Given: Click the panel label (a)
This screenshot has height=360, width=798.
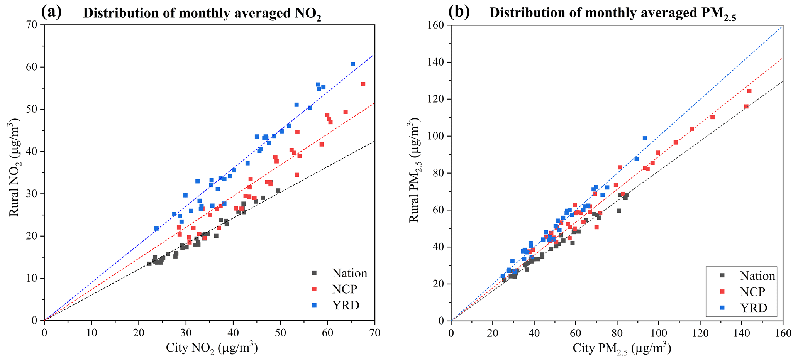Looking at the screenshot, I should [51, 12].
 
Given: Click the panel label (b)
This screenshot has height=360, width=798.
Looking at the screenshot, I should [459, 12].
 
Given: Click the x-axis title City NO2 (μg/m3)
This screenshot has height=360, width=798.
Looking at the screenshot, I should [212, 348].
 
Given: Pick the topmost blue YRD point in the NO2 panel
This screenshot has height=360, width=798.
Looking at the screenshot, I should [352, 64].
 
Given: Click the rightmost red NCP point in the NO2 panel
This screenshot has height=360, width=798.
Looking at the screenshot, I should [363, 84].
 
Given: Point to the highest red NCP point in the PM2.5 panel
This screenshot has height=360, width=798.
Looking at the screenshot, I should [749, 91].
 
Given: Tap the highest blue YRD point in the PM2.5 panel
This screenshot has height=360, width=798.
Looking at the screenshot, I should [645, 138].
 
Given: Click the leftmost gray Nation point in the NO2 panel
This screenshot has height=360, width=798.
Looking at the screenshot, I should [149, 264].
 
